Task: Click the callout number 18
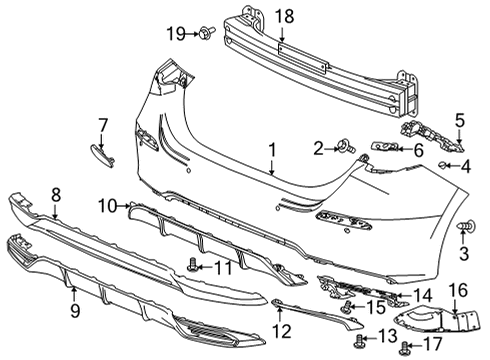285,16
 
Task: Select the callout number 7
103,126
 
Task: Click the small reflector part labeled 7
102,156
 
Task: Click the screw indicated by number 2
347,147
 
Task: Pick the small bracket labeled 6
385,146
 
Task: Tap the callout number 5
460,121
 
